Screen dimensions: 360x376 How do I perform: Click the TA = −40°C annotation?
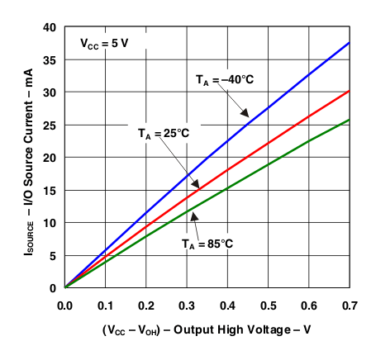[x=225, y=80]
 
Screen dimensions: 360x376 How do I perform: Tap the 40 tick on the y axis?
[x=49, y=27]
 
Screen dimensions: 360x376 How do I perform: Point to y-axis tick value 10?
[x=49, y=222]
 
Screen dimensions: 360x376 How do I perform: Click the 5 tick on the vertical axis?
[x=52, y=255]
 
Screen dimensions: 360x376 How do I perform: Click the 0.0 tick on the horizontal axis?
[x=64, y=305]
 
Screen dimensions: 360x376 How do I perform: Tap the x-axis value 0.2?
[x=147, y=305]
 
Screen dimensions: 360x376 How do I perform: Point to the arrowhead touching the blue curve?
[x=245, y=115]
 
